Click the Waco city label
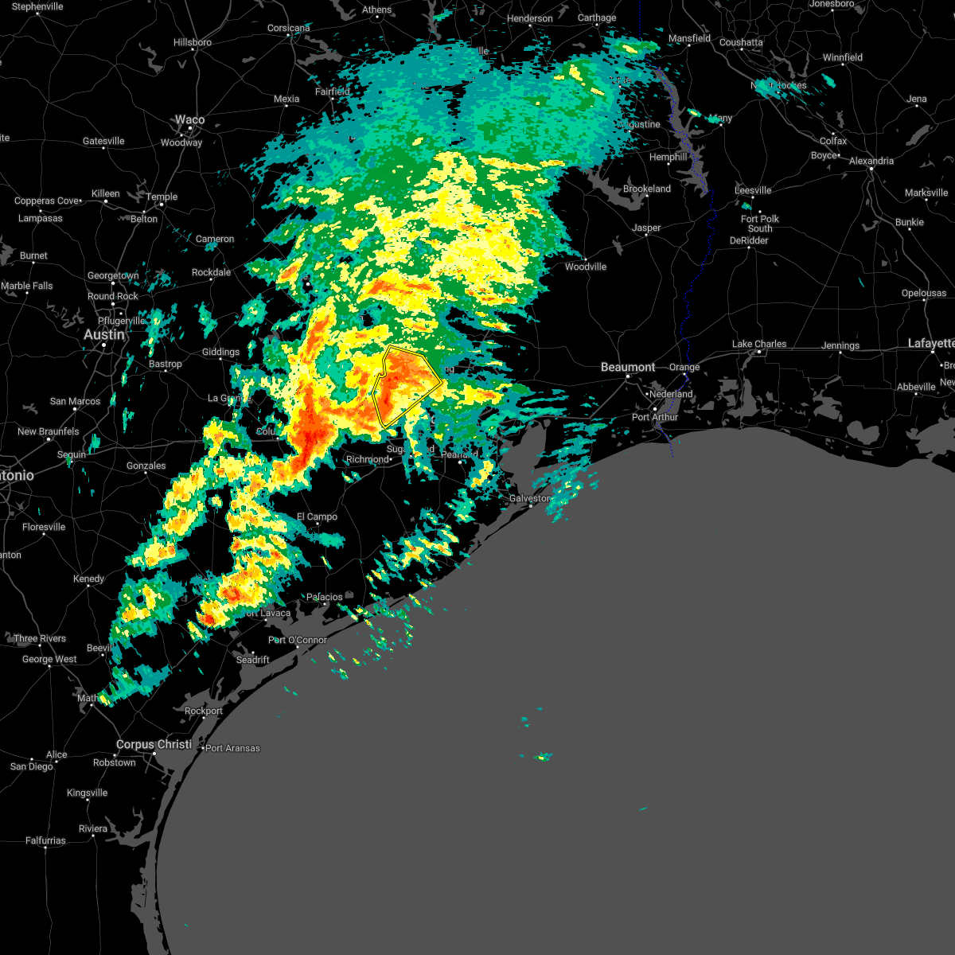pyautogui.click(x=189, y=119)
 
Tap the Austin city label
pyautogui.click(x=104, y=335)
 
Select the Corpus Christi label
pyautogui.click(x=154, y=744)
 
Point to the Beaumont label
pyautogui.click(x=628, y=367)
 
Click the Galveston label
pyautogui.click(x=529, y=498)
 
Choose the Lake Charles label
pyautogui.click(x=759, y=344)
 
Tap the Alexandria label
pyautogui.click(x=871, y=161)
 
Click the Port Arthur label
pyautogui.click(x=655, y=417)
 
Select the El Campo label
pyautogui.click(x=317, y=516)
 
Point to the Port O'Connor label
pyautogui.click(x=298, y=640)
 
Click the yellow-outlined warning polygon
pyautogui.click(x=407, y=385)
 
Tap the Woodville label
pyautogui.click(x=586, y=267)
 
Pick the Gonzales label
pyautogui.click(x=146, y=466)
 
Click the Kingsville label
pyautogui.click(x=87, y=793)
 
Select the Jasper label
pyautogui.click(x=646, y=228)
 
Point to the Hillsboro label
pyautogui.click(x=193, y=42)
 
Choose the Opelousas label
pyautogui.click(x=923, y=293)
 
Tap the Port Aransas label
pyautogui.click(x=232, y=748)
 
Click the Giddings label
pyautogui.click(x=220, y=352)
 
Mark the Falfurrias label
pyautogui.click(x=45, y=840)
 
